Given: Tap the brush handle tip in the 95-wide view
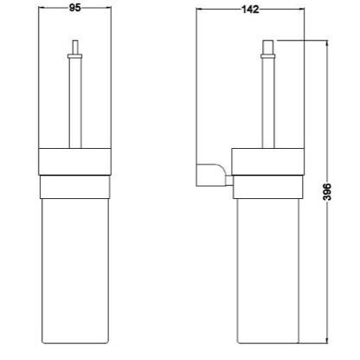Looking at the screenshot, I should point(75,46).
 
